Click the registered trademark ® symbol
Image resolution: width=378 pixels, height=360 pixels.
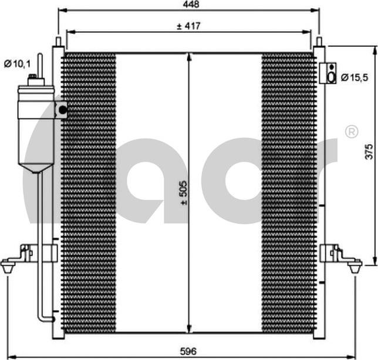point(352,132)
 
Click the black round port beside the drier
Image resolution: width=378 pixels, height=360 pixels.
point(62,109)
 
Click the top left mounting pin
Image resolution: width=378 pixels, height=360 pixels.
point(58,42)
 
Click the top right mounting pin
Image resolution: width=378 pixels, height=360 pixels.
point(319,42)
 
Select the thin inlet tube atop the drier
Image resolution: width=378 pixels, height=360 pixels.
point(40,64)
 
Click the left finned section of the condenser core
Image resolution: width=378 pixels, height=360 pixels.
point(89,193)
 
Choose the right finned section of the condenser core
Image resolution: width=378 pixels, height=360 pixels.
point(288,193)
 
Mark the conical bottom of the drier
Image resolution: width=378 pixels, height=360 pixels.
point(36,168)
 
